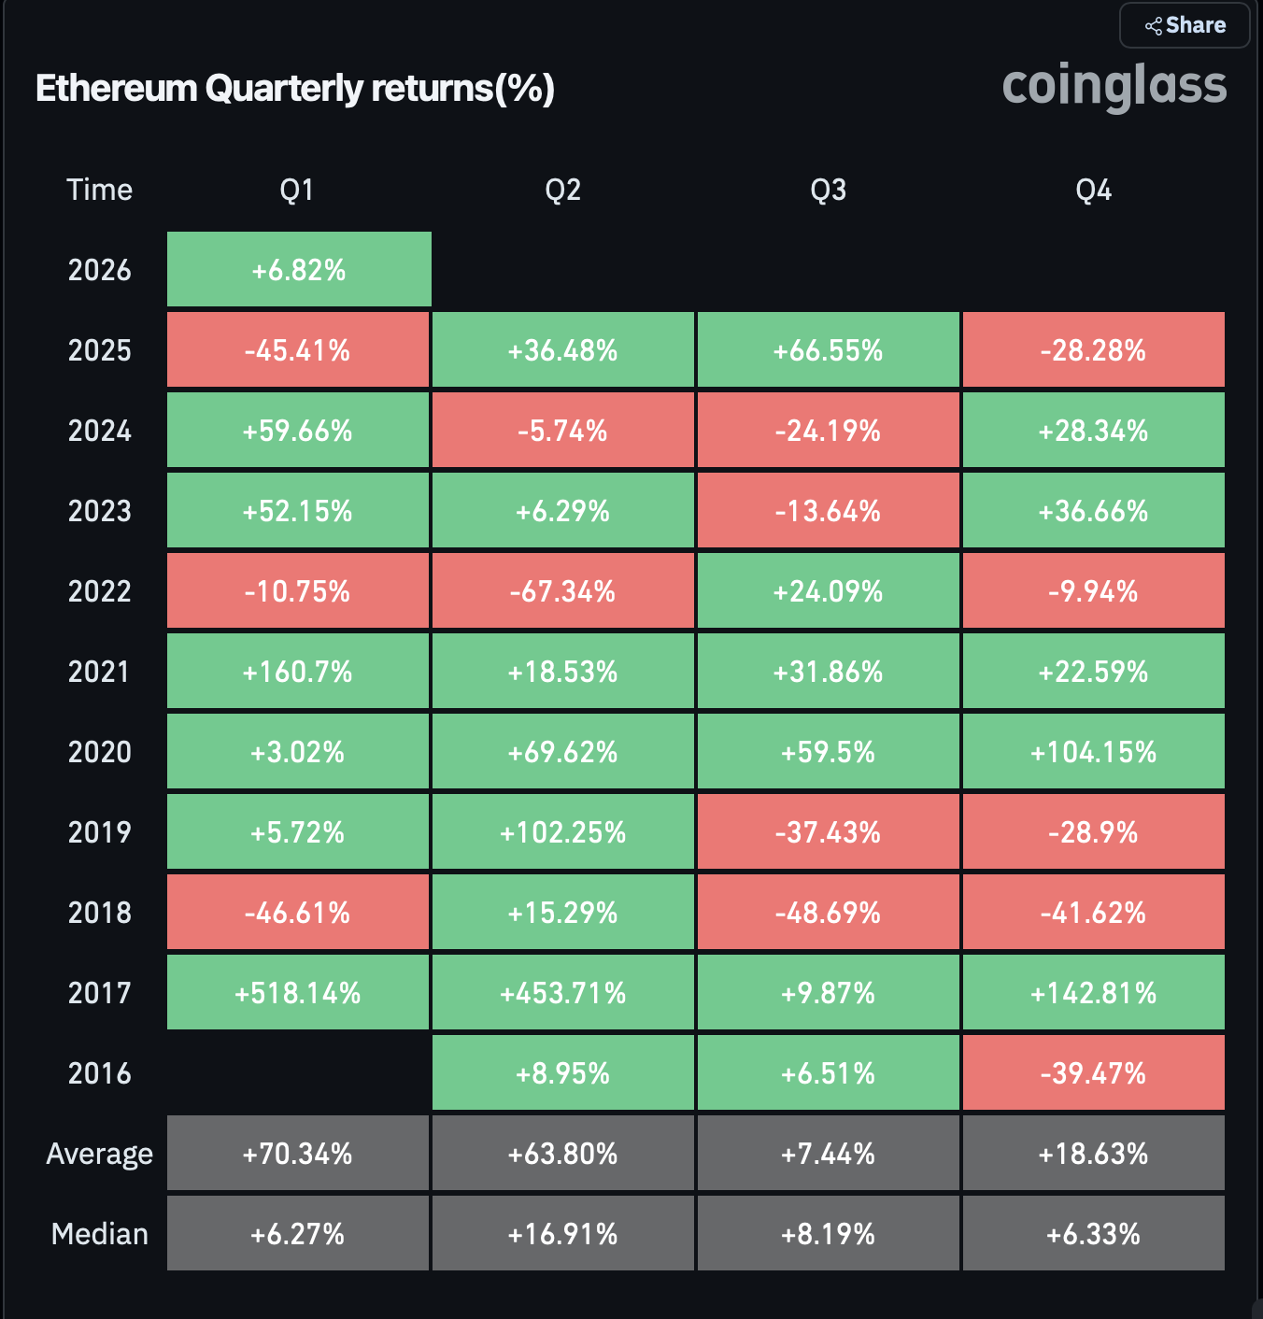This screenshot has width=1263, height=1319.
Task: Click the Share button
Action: click(x=1185, y=25)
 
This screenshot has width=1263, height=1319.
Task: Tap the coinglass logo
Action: click(x=1114, y=86)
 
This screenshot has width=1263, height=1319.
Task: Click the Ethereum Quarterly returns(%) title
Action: click(x=295, y=89)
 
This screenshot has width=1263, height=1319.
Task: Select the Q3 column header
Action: click(x=828, y=191)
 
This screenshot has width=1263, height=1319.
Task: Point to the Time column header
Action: click(x=99, y=191)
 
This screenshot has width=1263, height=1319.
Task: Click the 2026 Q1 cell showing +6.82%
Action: click(x=299, y=270)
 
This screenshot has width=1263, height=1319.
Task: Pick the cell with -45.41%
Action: click(x=298, y=350)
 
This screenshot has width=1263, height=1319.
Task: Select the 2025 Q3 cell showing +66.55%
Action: click(x=828, y=350)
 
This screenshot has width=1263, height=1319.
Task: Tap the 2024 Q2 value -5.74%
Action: click(x=562, y=431)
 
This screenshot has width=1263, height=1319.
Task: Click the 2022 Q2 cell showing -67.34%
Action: click(x=562, y=591)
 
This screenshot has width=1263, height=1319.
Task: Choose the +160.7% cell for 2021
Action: click(x=298, y=672)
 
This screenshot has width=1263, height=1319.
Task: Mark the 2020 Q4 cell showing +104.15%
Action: click(x=1093, y=752)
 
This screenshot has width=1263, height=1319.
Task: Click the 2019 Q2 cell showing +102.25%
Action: click(x=562, y=832)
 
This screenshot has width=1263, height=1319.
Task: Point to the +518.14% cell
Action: click(x=298, y=993)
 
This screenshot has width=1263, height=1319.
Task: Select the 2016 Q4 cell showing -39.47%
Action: click(x=1093, y=1073)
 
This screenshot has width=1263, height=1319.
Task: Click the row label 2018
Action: click(x=99, y=913)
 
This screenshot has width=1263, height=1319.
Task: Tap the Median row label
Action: click(x=99, y=1234)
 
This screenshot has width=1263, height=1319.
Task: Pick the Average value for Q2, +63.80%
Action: click(x=562, y=1154)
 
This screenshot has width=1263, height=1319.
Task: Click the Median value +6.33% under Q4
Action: click(x=1093, y=1234)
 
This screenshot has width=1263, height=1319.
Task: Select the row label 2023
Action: click(x=99, y=511)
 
